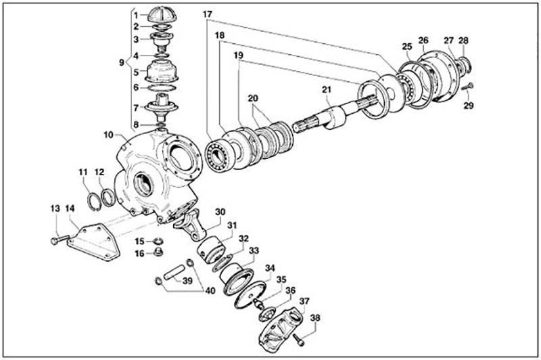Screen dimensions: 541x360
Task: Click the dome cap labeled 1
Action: tap(162, 15)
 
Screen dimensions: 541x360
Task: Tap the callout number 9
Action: tap(122, 63)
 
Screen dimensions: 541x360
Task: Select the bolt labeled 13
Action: tap(60, 240)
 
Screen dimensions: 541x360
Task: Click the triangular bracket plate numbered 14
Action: tap(93, 243)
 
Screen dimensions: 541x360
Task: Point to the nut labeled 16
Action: tap(158, 252)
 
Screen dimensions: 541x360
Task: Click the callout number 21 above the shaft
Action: tap(327, 90)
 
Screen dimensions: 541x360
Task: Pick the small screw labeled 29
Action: tap(467, 87)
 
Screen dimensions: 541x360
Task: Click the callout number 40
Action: tap(210, 290)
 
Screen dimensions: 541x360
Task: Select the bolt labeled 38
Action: tap(299, 340)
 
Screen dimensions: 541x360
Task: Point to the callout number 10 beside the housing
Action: tap(108, 135)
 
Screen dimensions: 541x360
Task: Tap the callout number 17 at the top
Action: tap(208, 15)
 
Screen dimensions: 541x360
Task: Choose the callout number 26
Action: tap(423, 41)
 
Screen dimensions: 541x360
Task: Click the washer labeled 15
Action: tap(158, 241)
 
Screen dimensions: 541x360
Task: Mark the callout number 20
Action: tap(253, 98)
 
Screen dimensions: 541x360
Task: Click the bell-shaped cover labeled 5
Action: tap(162, 72)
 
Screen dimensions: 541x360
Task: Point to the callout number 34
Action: tap(270, 268)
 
